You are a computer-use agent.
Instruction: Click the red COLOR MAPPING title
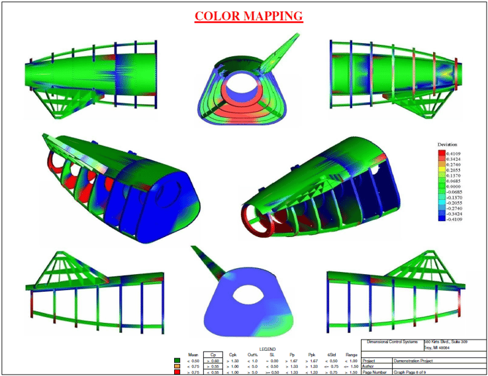point(249,16)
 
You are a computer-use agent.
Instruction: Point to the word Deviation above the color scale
point(447,144)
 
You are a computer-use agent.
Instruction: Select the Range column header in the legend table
point(350,354)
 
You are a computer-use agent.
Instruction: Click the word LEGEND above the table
point(268,348)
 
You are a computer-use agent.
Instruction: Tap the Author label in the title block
point(370,366)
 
